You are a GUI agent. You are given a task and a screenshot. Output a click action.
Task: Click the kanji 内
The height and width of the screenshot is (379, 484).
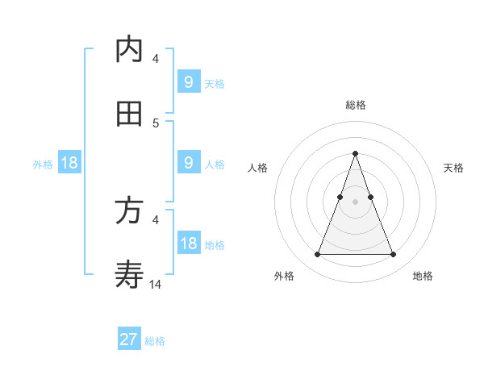pyautogui.click(x=129, y=50)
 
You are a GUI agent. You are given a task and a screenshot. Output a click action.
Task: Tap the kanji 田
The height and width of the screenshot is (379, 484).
pyautogui.click(x=129, y=114)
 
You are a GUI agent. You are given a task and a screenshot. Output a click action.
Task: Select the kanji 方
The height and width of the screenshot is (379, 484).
pyautogui.click(x=129, y=211)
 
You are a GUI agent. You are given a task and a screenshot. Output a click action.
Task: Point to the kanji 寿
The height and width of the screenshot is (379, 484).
pyautogui.click(x=129, y=275)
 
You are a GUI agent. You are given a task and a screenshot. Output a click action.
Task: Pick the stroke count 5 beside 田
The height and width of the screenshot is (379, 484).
pyautogui.click(x=156, y=123)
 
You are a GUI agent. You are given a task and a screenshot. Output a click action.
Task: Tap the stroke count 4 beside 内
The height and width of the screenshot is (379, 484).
pyautogui.click(x=156, y=58)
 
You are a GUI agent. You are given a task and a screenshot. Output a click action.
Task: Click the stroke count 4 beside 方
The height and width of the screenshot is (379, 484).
pyautogui.click(x=156, y=219)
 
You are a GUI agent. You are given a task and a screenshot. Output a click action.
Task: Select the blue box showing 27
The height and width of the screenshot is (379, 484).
pyautogui.click(x=129, y=339)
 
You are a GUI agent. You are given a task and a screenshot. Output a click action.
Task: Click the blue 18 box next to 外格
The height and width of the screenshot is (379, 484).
pyautogui.click(x=69, y=163)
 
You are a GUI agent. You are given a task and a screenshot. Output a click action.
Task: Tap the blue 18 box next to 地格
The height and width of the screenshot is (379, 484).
pyautogui.click(x=189, y=244)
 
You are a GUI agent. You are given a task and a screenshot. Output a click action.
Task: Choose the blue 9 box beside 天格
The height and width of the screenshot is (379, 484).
pyautogui.click(x=189, y=81)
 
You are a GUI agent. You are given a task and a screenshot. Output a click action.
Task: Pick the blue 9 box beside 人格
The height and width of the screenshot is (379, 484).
pyautogui.click(x=189, y=163)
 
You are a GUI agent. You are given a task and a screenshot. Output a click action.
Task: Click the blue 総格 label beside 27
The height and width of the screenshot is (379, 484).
pyautogui.click(x=155, y=341)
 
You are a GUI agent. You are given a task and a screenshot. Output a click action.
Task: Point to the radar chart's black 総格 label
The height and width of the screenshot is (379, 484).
pyautogui.click(x=355, y=105)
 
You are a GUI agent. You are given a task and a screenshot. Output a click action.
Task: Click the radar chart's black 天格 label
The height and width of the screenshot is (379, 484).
pyautogui.click(x=454, y=168)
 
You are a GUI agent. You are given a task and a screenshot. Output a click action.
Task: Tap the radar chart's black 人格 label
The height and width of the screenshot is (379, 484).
pyautogui.click(x=257, y=168)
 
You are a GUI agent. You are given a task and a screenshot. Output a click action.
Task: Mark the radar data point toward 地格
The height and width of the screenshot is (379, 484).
pyautogui.click(x=393, y=255)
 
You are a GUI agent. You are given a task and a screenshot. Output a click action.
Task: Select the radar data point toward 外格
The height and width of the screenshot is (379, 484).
pyautogui.click(x=317, y=255)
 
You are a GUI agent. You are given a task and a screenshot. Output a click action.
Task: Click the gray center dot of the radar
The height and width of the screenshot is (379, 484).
pyautogui.click(x=355, y=201)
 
